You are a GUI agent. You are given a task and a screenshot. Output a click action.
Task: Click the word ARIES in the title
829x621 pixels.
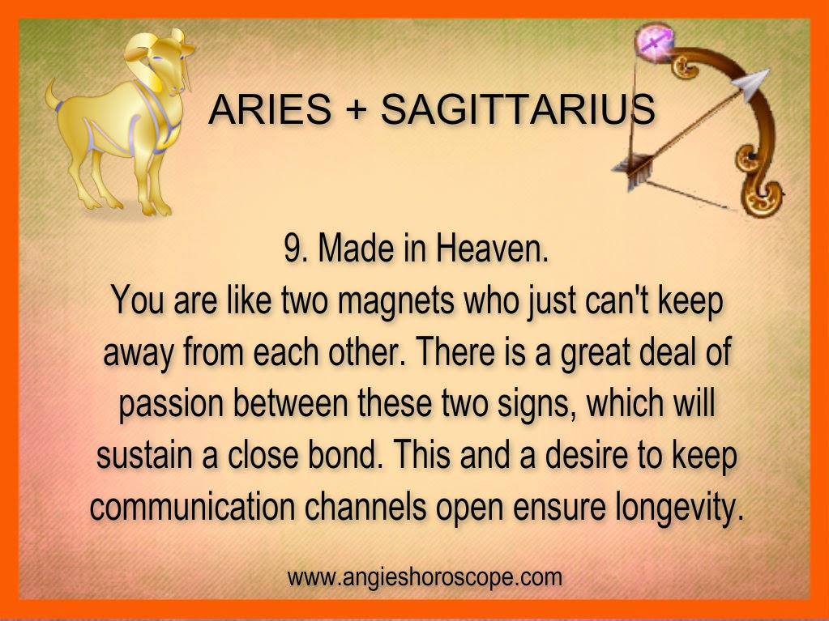click(270, 109)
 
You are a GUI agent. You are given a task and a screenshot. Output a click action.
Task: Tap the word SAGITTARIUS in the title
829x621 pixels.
click(518, 109)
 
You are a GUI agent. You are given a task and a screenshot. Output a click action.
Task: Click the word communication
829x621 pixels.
click(192, 506)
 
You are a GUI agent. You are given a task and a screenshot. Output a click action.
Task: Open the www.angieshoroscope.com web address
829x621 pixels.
click(425, 576)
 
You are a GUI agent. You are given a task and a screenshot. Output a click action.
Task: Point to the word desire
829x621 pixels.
click(587, 454)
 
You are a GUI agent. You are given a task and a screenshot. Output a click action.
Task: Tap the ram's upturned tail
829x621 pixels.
click(53, 95)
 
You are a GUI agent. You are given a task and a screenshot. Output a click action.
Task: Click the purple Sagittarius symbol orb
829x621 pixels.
click(656, 40)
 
